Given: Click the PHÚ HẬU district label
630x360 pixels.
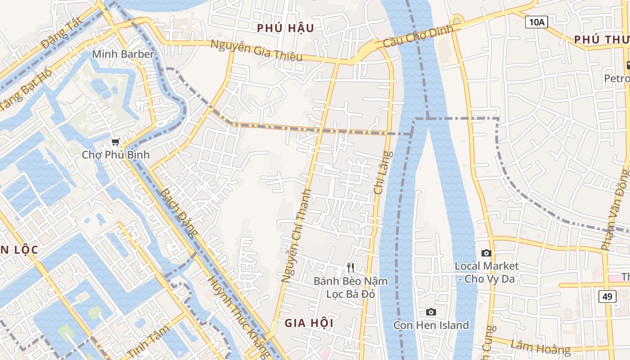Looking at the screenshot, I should click(285, 28).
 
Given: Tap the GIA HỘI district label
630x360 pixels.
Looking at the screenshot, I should click(309, 323).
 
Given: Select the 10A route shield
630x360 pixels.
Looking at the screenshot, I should click(536, 22).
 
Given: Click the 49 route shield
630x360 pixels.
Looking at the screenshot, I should click(607, 296).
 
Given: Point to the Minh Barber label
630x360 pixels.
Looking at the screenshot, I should click(123, 54).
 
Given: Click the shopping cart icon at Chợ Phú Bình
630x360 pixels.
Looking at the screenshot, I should click(116, 142).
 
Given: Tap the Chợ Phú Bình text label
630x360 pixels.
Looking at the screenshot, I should click(116, 155).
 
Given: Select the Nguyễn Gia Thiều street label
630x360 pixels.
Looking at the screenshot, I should click(256, 50).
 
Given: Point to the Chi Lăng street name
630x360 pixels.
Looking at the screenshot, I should click(383, 173).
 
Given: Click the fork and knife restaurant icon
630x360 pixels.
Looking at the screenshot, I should click(351, 268).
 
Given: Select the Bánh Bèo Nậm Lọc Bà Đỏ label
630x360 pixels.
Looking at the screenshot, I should click(351, 288).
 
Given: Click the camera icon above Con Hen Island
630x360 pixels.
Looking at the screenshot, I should click(431, 312).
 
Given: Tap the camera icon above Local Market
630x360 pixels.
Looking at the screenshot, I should click(486, 253).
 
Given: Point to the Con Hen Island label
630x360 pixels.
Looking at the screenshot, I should click(431, 325).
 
